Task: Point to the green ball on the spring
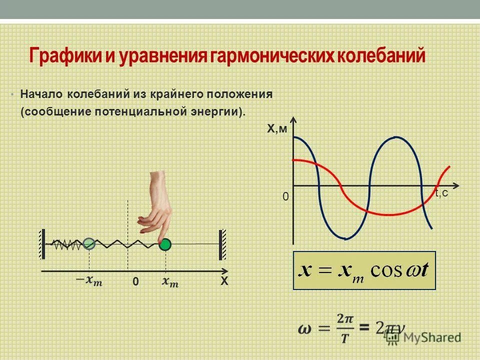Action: tap(165, 244)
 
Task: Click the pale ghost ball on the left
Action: tap(89, 243)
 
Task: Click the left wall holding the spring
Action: tap(43, 243)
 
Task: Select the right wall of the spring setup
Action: tap(221, 244)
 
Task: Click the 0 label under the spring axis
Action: tap(135, 282)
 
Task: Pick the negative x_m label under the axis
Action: tap(89, 281)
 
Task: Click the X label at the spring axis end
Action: tap(224, 282)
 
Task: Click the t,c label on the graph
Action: tap(441, 193)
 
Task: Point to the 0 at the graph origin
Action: tap(285, 197)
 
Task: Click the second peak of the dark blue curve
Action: tap(395, 137)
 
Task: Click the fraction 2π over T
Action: tap(344, 328)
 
